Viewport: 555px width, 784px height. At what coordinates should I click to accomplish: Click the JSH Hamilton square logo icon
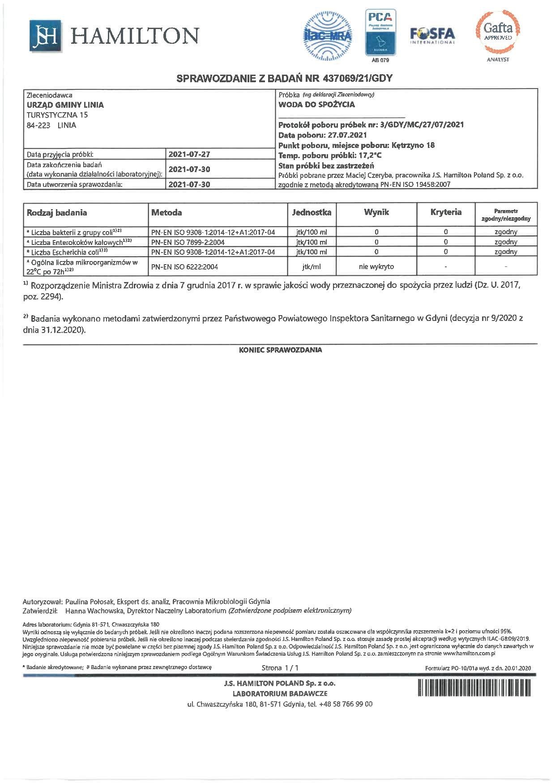(45, 36)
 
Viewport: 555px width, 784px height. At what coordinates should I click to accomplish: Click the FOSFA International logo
(432, 35)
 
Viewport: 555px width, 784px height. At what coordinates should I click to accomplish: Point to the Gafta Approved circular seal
(498, 32)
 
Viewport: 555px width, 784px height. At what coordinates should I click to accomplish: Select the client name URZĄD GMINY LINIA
(65, 105)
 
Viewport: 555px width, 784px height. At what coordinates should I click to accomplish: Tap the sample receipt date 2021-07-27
(189, 154)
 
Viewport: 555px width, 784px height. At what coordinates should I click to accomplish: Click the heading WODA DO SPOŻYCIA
(316, 105)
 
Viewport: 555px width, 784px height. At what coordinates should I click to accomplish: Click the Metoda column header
(166, 213)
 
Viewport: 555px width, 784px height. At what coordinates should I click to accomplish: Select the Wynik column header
(376, 212)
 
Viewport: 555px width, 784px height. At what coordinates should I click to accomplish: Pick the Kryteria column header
(446, 212)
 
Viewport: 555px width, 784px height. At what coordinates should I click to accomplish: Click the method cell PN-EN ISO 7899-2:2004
(188, 242)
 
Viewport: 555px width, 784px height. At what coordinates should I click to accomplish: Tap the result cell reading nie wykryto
(376, 266)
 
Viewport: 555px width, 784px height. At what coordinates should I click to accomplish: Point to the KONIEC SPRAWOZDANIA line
(280, 350)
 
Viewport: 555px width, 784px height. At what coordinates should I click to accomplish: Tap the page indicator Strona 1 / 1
(280, 668)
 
